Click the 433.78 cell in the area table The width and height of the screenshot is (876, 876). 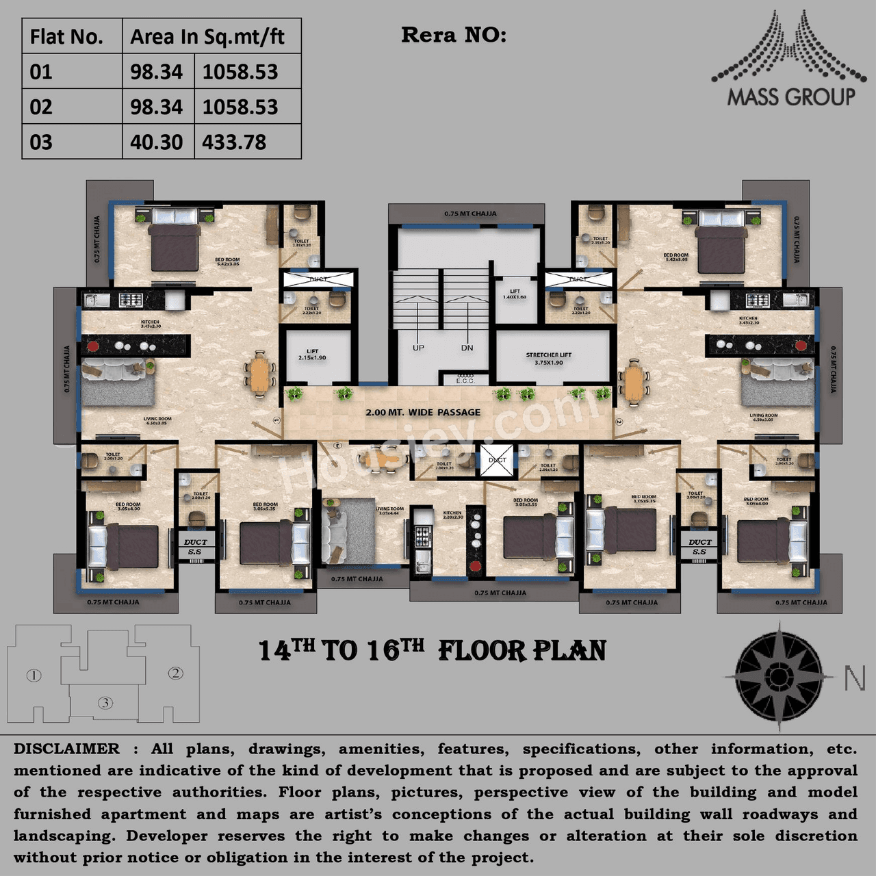point(234,142)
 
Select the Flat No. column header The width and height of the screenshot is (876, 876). point(66,37)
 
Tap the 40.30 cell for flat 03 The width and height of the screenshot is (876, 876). point(157,142)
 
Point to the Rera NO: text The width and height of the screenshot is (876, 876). point(454,35)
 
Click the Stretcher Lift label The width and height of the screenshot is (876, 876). point(549,358)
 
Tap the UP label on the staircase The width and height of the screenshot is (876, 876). point(418,348)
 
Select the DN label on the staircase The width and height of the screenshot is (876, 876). point(467,348)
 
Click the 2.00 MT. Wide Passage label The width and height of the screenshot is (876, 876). point(423,412)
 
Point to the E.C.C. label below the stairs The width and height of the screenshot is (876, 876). point(465,379)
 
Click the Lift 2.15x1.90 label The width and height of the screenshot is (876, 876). point(313,355)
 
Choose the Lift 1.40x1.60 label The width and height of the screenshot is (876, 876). point(515,294)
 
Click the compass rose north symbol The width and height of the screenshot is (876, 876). point(778,676)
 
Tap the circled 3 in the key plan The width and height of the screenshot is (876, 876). point(105,702)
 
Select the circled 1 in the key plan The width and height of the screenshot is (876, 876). point(34,675)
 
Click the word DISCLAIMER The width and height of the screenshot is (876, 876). point(66,749)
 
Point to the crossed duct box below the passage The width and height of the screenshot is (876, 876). point(498,460)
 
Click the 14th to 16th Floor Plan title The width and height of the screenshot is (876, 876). point(433,651)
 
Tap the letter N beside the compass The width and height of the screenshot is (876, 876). point(854,678)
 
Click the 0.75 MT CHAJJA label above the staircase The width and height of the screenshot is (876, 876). point(470,214)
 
